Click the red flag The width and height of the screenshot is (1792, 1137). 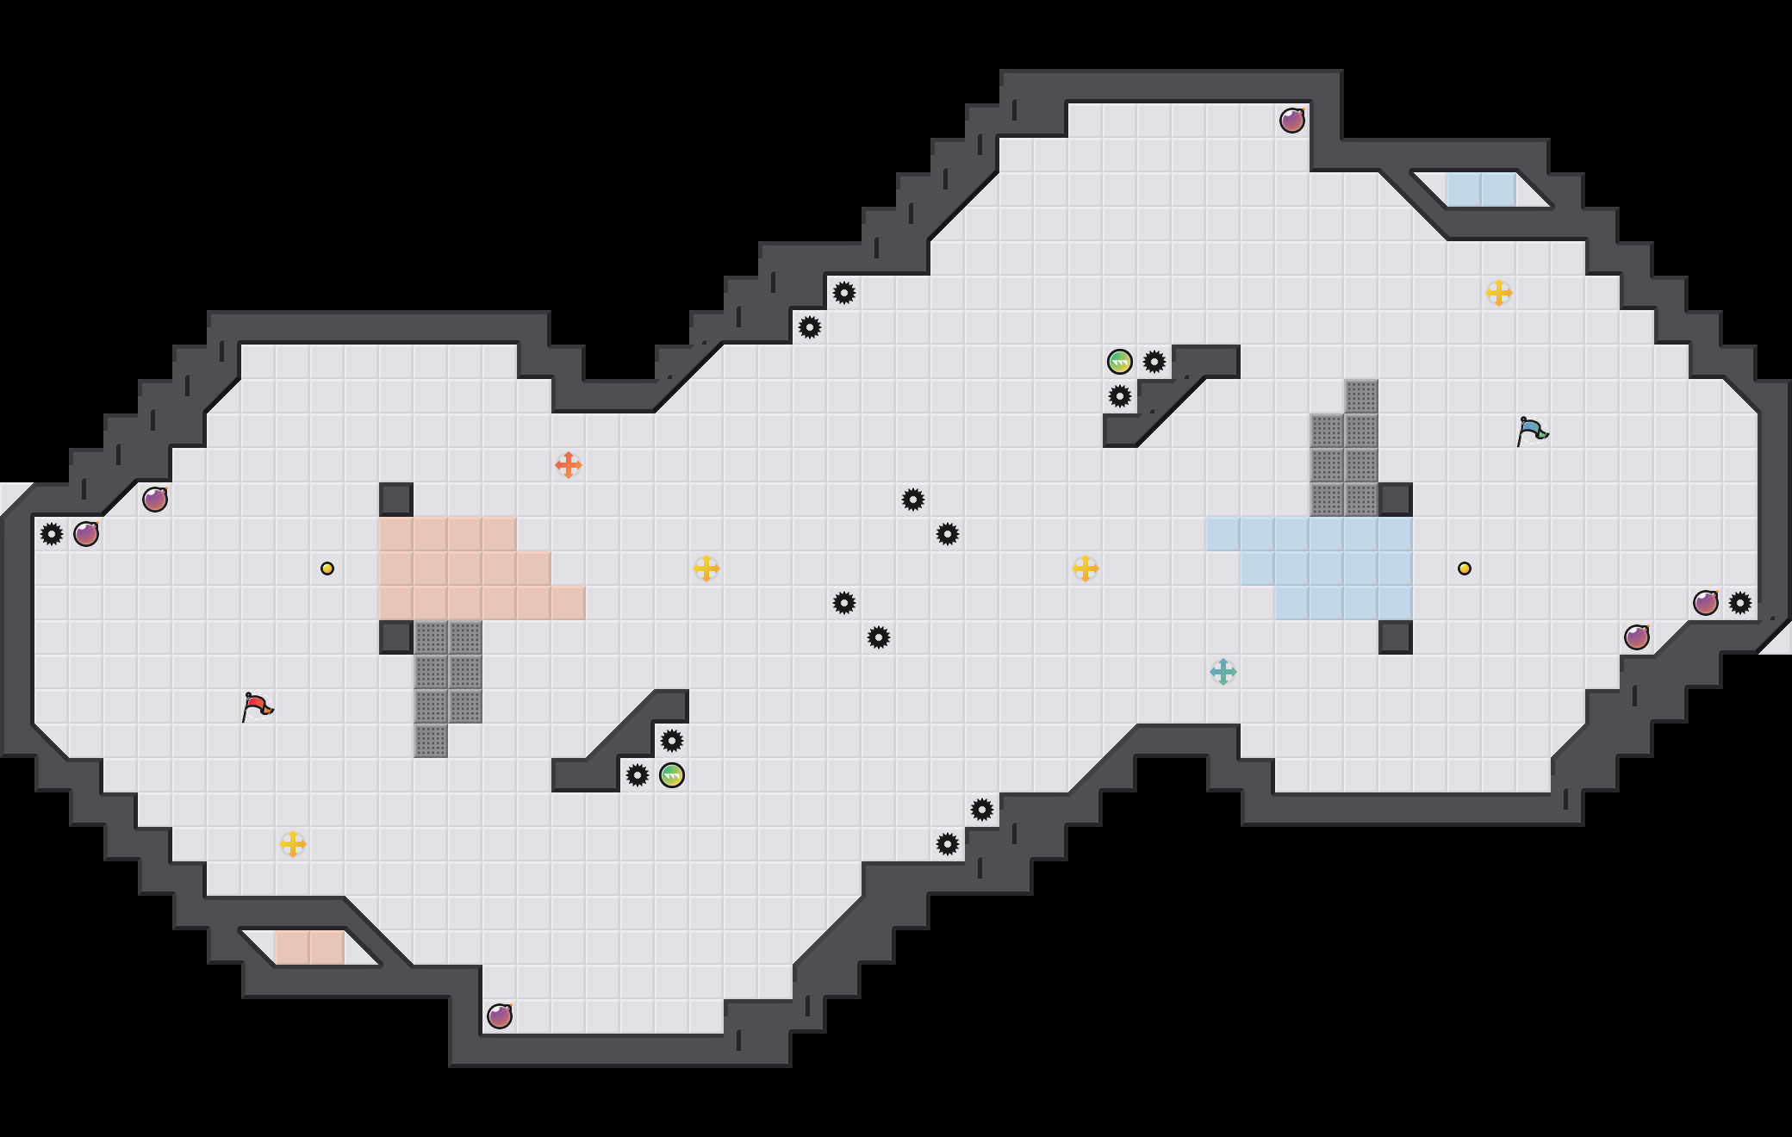click(257, 707)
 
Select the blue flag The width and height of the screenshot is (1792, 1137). click(1532, 431)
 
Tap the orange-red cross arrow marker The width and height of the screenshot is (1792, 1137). click(569, 465)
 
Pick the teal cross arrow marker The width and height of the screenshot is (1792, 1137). click(1223, 672)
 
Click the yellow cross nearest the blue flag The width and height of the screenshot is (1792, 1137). click(1499, 293)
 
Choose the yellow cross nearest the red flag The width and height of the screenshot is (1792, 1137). click(293, 844)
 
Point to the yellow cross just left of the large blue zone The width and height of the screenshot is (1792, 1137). click(1086, 568)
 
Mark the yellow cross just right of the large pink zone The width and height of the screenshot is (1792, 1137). click(706, 568)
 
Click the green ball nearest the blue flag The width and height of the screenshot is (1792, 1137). click(1120, 362)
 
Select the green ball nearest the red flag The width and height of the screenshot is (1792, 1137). click(672, 775)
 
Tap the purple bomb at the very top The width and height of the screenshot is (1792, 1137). click(1292, 121)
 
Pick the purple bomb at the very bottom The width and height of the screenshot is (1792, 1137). click(500, 1016)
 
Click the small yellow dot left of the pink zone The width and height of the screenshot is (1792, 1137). click(327, 568)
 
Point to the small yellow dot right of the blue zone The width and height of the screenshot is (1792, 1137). click(1465, 568)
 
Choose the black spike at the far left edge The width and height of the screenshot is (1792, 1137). click(52, 534)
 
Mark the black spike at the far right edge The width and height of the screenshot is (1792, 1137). click(1740, 603)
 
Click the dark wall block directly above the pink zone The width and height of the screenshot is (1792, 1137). click(396, 500)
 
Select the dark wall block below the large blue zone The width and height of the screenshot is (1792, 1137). click(1396, 637)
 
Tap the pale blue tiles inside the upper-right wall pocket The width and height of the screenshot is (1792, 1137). click(1482, 189)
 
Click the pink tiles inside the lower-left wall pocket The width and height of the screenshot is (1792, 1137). click(310, 947)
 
